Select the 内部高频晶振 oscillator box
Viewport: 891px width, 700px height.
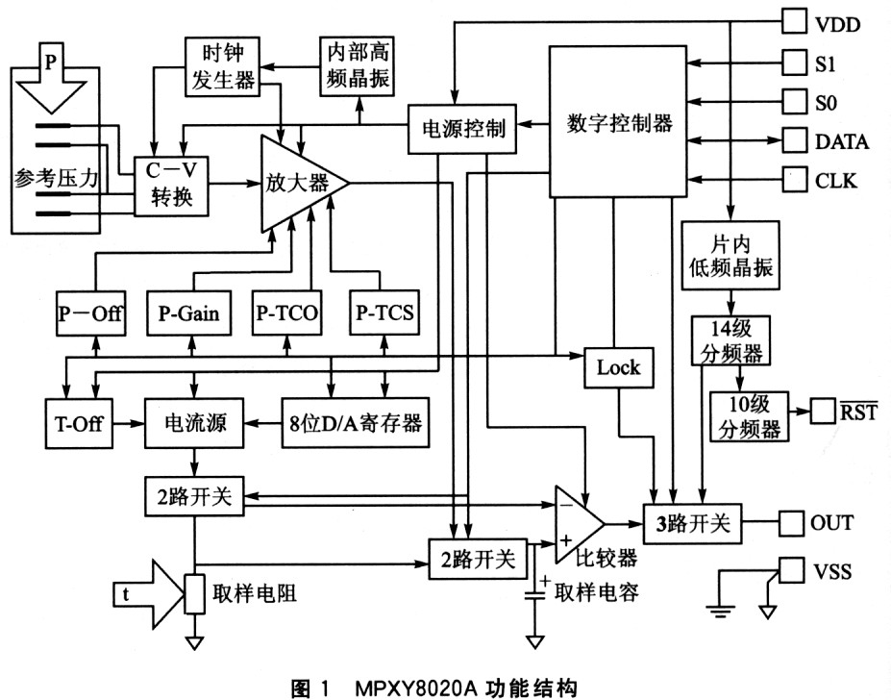pyautogui.click(x=358, y=66)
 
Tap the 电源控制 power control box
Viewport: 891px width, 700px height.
pyautogui.click(x=463, y=128)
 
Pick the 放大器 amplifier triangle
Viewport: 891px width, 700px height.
pyautogui.click(x=298, y=183)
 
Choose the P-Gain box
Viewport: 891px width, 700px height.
pyautogui.click(x=188, y=313)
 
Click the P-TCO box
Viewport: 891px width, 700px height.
pyautogui.click(x=287, y=313)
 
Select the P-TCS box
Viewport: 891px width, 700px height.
pyautogui.click(x=384, y=313)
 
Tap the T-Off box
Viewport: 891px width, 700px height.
pyautogui.click(x=78, y=422)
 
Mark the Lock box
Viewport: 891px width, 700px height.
pyautogui.click(x=617, y=366)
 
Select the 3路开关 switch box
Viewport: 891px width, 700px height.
pyautogui.click(x=695, y=524)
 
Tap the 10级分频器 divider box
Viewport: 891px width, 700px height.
pyautogui.click(x=748, y=415)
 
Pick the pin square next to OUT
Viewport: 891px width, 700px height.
pyautogui.click(x=790, y=524)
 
